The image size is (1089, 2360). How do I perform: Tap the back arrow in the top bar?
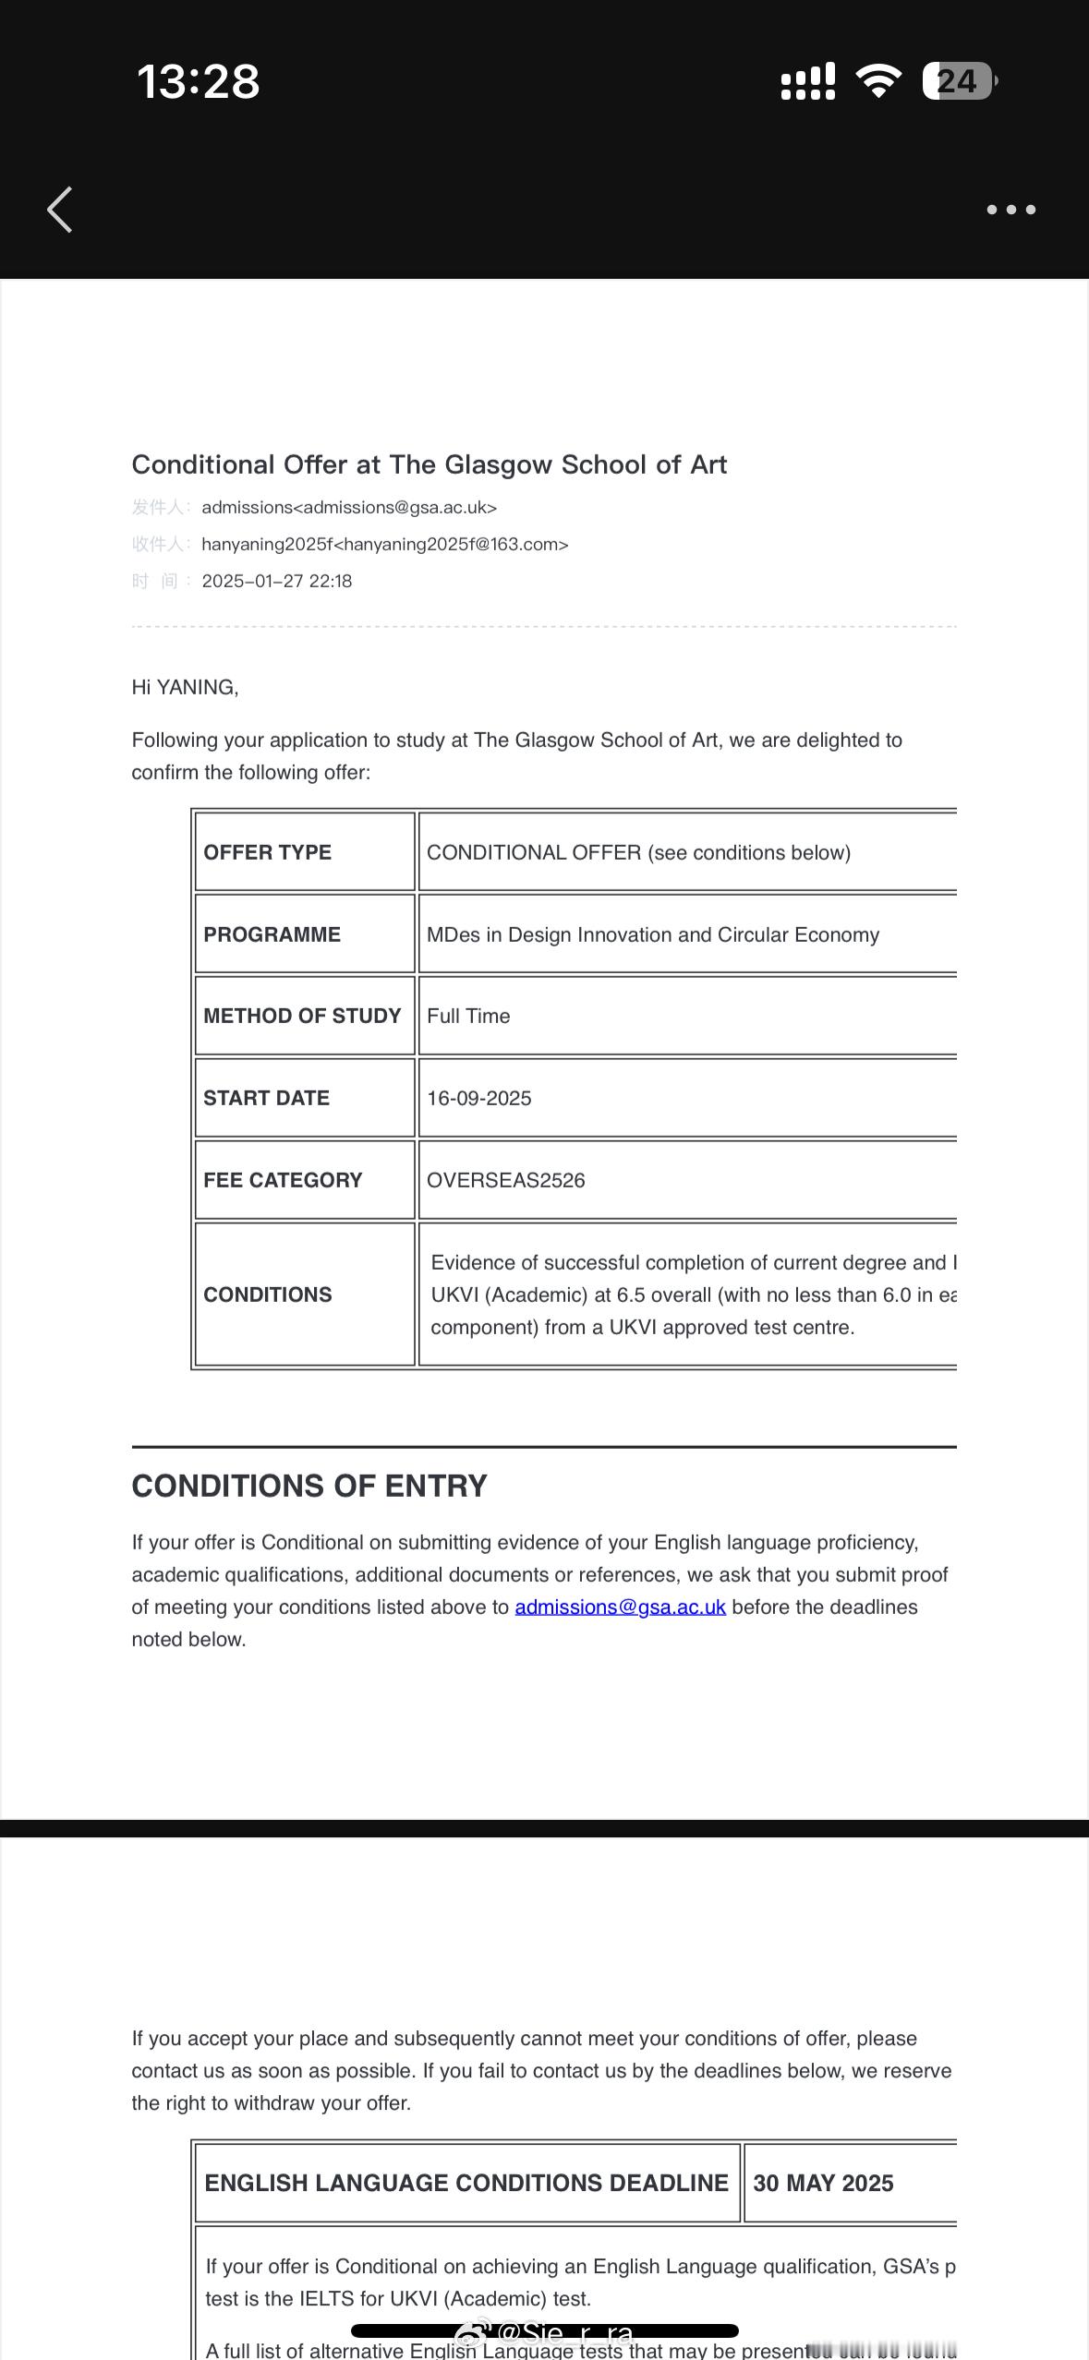[60, 210]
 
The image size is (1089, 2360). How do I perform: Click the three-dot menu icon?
[1010, 210]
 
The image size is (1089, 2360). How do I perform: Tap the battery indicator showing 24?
[959, 81]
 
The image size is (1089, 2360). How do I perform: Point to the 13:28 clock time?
[199, 81]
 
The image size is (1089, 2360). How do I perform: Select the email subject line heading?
[429, 464]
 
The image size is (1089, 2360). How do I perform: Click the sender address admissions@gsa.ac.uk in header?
[349, 507]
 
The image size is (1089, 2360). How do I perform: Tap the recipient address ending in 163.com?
[384, 544]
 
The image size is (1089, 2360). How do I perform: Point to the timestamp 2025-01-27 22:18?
[277, 581]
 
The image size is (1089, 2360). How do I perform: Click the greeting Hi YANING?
[185, 687]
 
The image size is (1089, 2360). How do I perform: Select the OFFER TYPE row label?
[267, 852]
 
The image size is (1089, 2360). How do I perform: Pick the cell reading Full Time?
[468, 1016]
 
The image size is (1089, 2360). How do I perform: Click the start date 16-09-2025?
[479, 1098]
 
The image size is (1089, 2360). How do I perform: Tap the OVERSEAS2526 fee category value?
[506, 1180]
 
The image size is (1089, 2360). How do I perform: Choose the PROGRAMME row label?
[272, 934]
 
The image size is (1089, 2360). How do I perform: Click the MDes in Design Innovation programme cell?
[652, 934]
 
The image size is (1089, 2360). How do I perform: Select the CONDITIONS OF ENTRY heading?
[309, 1486]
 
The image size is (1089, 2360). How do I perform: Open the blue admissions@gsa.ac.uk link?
[620, 1607]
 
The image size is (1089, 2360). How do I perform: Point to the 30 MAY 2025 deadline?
[823, 2183]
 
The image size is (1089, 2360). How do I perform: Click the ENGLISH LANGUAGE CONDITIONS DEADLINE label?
[466, 2183]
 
